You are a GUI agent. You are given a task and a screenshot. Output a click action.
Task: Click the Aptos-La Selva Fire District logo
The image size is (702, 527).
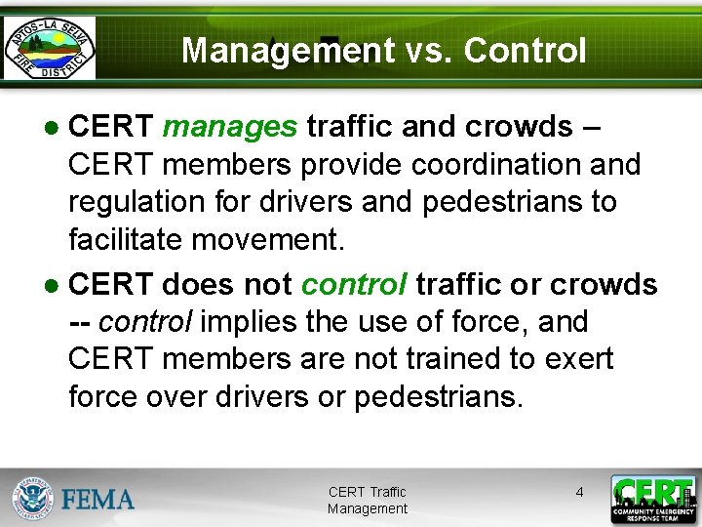pyautogui.click(x=50, y=46)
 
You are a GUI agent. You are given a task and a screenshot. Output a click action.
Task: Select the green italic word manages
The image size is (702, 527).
pyautogui.click(x=229, y=127)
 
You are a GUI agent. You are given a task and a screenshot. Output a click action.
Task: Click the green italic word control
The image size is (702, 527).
pyautogui.click(x=354, y=284)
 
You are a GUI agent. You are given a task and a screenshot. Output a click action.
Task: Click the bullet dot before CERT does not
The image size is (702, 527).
pyautogui.click(x=54, y=286)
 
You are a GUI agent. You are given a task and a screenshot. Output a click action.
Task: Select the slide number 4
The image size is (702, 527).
pyautogui.click(x=579, y=492)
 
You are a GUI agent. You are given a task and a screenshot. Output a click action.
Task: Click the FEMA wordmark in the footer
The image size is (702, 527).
pyautogui.click(x=98, y=500)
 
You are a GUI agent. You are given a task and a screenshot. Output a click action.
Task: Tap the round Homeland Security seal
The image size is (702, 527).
pyautogui.click(x=34, y=499)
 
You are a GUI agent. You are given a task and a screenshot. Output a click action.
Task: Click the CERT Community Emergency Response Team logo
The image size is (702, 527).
pyautogui.click(x=652, y=499)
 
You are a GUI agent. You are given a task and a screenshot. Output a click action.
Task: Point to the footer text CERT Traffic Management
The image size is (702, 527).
pyautogui.click(x=368, y=501)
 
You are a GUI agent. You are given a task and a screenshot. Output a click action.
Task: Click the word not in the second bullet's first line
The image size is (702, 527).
pyautogui.click(x=264, y=284)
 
